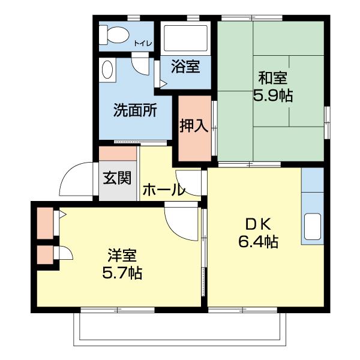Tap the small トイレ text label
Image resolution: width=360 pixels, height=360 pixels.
click(x=143, y=43)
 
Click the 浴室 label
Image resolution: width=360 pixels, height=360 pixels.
click(x=185, y=67)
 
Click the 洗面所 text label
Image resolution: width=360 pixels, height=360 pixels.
click(x=136, y=110)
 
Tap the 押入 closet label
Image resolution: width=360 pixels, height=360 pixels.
click(x=194, y=125)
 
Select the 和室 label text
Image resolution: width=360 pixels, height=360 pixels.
click(x=272, y=78)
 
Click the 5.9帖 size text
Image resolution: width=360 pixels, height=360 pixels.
click(x=272, y=96)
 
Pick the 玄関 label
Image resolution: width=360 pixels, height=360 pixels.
click(x=116, y=178)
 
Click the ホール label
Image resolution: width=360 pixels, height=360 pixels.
click(x=163, y=191)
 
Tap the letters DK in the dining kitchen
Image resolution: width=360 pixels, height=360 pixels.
click(x=258, y=224)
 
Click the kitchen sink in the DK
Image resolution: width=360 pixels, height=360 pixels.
click(x=313, y=226)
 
